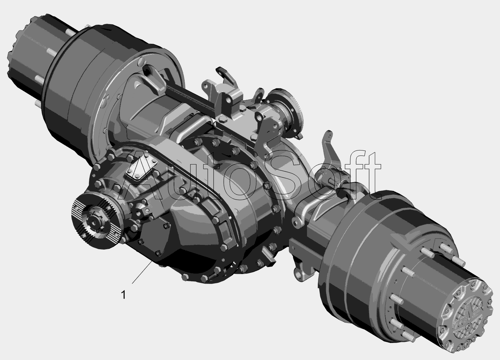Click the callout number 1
click(124, 295)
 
